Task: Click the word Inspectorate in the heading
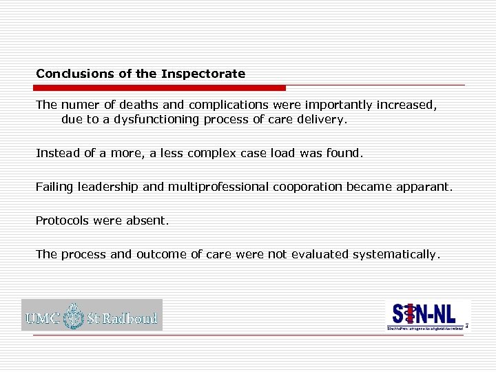point(203,74)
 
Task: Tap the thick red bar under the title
point(159,88)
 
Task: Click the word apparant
point(427,187)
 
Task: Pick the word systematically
point(395,254)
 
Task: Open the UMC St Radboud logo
point(92,316)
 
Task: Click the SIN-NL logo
point(426,316)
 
